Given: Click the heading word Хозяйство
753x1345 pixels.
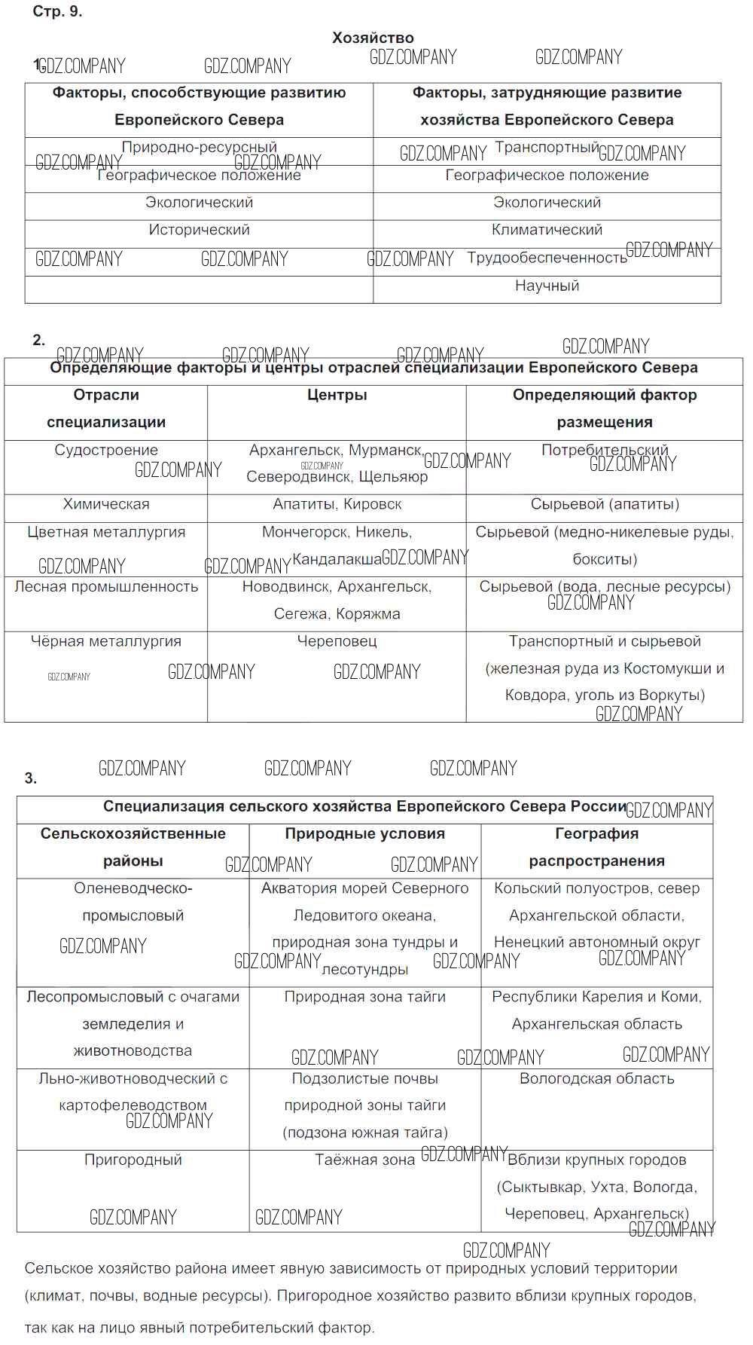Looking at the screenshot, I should [x=373, y=38].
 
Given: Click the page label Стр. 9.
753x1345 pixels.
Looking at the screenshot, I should [x=57, y=11].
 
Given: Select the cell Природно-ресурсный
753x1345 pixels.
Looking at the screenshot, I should [x=199, y=148].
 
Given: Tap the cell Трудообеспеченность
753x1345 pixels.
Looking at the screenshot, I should [x=547, y=258].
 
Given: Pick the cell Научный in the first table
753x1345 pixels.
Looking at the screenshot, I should [x=547, y=286].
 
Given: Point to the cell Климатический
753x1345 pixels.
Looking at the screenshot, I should [x=547, y=230].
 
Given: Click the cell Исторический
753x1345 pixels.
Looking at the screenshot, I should [x=199, y=230].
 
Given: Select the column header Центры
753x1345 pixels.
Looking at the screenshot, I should [x=337, y=395].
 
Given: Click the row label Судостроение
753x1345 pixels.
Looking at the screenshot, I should [x=106, y=450].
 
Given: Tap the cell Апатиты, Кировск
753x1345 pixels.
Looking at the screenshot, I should [x=337, y=504].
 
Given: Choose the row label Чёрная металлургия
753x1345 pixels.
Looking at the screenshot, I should [x=106, y=641].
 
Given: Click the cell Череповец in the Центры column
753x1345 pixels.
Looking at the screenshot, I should [x=337, y=641].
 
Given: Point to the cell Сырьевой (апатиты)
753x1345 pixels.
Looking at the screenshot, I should [x=605, y=504].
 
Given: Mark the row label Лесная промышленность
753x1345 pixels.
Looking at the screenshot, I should [x=106, y=586].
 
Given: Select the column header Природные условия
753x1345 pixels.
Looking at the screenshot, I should [x=364, y=833].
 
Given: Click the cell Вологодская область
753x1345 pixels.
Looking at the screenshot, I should [x=596, y=1078].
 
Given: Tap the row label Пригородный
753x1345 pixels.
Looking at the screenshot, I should [x=133, y=1160].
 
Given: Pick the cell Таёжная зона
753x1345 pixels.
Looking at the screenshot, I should [x=364, y=1160].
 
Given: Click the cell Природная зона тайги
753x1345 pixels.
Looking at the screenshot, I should [x=364, y=997].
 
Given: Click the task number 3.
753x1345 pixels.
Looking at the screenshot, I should [x=30, y=778].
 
